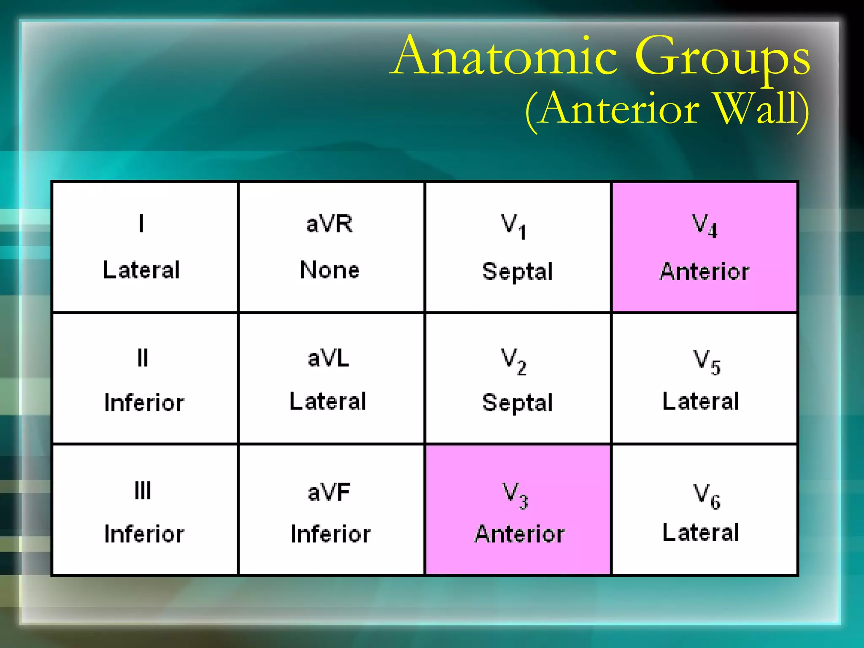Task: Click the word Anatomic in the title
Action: pos(506,57)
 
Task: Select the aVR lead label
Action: pos(329,224)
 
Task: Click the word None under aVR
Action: pos(329,270)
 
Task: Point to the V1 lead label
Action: pos(513,226)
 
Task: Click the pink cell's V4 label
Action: pos(704,226)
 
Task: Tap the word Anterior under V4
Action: pos(705,271)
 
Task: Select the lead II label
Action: pos(143,358)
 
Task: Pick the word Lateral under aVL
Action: pos(328,401)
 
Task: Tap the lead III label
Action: pos(143,491)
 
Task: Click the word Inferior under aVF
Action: pos(331,534)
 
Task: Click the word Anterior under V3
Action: pos(519,534)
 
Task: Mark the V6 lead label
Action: pos(707,496)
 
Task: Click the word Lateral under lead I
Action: pos(142,270)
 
